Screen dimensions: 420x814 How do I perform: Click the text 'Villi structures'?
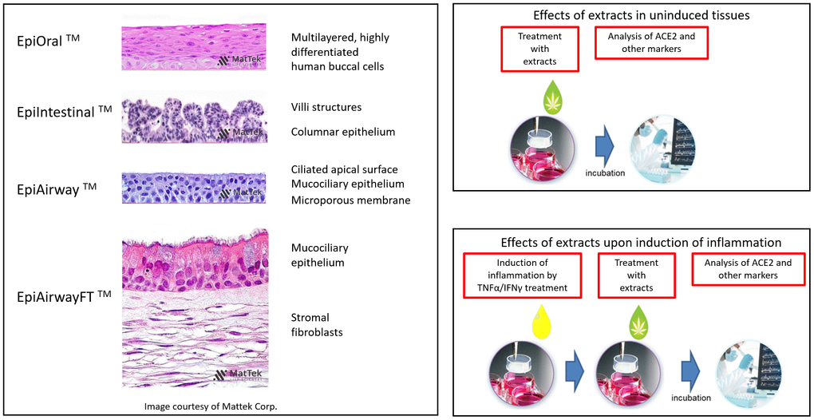pyautogui.click(x=326, y=107)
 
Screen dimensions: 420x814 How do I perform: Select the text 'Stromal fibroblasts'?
pyautogui.click(x=317, y=324)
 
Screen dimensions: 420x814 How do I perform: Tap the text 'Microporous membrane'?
pyautogui.click(x=350, y=200)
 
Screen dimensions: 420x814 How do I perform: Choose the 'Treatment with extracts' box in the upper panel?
pyautogui.click(x=539, y=49)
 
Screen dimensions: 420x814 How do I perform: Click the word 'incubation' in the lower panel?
pyautogui.click(x=690, y=398)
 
